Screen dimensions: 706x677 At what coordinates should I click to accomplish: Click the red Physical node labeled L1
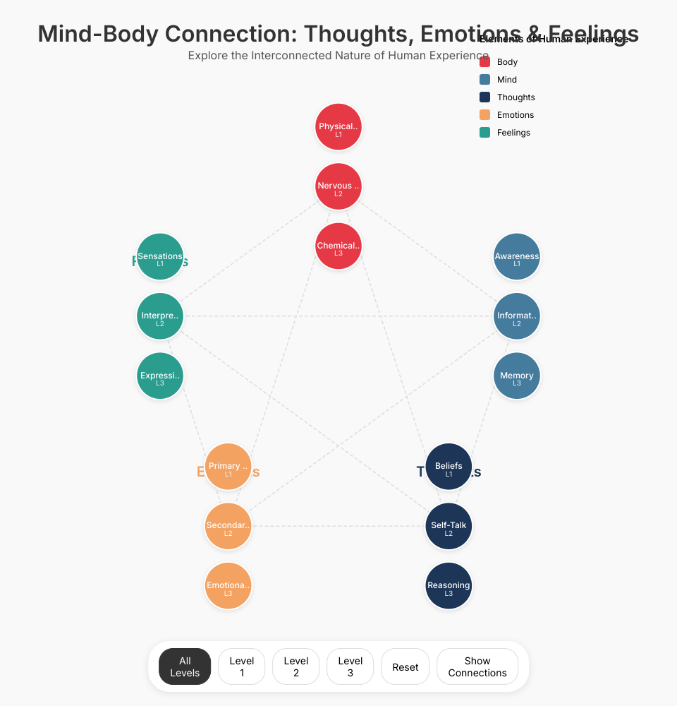[x=338, y=127]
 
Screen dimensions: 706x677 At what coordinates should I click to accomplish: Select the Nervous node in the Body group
[x=338, y=186]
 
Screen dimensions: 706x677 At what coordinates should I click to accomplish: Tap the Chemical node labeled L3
[x=338, y=246]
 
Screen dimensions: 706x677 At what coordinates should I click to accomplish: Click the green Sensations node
[x=160, y=256]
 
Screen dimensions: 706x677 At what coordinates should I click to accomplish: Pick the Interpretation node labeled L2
[x=160, y=316]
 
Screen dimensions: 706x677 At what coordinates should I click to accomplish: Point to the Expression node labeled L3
[x=160, y=376]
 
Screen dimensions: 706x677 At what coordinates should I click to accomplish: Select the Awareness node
[x=517, y=256]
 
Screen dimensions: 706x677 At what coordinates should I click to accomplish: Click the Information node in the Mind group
[x=517, y=316]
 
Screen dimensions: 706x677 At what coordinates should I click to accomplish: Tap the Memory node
[x=517, y=376]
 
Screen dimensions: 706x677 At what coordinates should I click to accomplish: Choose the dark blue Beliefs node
[x=449, y=466]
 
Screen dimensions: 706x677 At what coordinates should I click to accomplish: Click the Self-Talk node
[x=449, y=525]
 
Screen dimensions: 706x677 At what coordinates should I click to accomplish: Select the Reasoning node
[x=449, y=585]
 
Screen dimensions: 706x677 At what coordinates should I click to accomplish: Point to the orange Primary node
[x=228, y=466]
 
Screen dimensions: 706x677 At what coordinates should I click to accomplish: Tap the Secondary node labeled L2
[x=228, y=525]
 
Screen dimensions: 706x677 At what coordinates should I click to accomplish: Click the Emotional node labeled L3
[x=228, y=585]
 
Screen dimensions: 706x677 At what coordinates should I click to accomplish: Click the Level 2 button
[x=296, y=666]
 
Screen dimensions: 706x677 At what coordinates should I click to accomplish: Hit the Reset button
[x=405, y=666]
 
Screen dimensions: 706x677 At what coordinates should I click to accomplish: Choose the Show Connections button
[x=477, y=666]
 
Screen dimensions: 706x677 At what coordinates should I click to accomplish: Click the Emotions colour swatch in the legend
[x=484, y=115]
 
